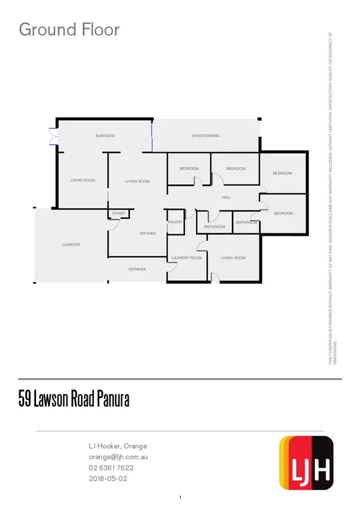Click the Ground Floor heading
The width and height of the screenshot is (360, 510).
pyautogui.click(x=69, y=29)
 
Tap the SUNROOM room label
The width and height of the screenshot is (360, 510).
pyautogui.click(x=105, y=136)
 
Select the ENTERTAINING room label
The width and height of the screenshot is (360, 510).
pyautogui.click(x=206, y=136)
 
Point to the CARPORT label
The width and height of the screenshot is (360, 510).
pyautogui.click(x=71, y=245)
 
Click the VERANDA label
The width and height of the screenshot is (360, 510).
pyautogui.click(x=137, y=269)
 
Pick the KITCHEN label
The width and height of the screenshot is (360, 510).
pyautogui.click(x=148, y=233)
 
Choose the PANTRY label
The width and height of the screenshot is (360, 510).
pyautogui.click(x=175, y=223)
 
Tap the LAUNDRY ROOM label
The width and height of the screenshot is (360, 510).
pyautogui.click(x=186, y=257)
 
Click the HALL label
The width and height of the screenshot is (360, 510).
pyautogui.click(x=227, y=197)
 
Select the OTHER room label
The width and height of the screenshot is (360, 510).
pyautogui.click(x=118, y=214)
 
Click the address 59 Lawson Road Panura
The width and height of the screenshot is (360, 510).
pyautogui.click(x=74, y=399)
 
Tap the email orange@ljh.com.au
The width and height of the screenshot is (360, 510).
pyautogui.click(x=118, y=457)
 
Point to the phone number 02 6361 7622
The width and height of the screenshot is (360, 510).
pyautogui.click(x=111, y=468)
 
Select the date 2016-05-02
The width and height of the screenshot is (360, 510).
pyautogui.click(x=108, y=479)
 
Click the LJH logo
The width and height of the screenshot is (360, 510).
pyautogui.click(x=307, y=462)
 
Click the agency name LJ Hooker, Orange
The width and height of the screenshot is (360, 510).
pyautogui.click(x=117, y=446)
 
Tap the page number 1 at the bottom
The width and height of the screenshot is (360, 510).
pyautogui.click(x=180, y=497)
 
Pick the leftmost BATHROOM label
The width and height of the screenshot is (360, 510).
pyautogui.click(x=215, y=227)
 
